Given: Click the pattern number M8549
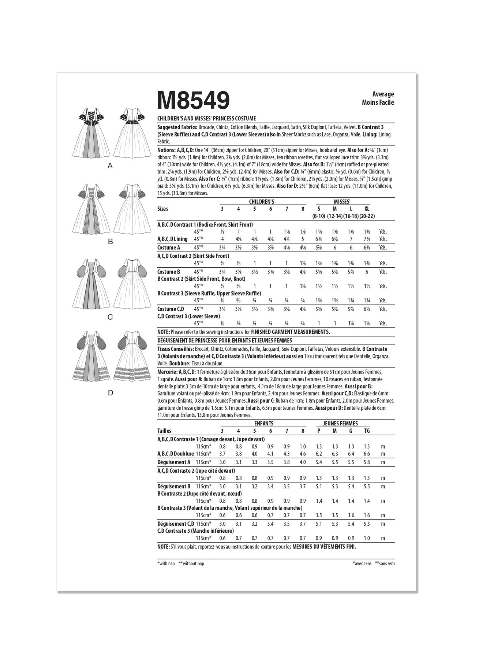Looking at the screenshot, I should tap(194, 100).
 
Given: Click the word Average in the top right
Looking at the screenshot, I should tap(383, 94).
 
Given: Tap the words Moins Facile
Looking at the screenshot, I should tap(378, 103).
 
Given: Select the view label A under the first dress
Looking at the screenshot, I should tap(110, 166).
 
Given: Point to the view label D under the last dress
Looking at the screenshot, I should tap(110, 393).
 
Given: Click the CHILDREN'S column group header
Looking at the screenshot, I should tap(262, 202).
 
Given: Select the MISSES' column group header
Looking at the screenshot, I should tap(342, 202).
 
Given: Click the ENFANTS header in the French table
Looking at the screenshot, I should tap(263, 424).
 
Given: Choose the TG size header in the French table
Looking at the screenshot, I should tap(367, 431).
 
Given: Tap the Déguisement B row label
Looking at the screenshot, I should tap(174, 487).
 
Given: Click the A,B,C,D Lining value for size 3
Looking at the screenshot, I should tap(222, 239).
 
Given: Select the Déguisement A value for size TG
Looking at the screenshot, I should tap(367, 462).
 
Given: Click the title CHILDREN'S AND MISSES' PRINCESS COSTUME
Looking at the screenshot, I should tap(206, 119).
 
